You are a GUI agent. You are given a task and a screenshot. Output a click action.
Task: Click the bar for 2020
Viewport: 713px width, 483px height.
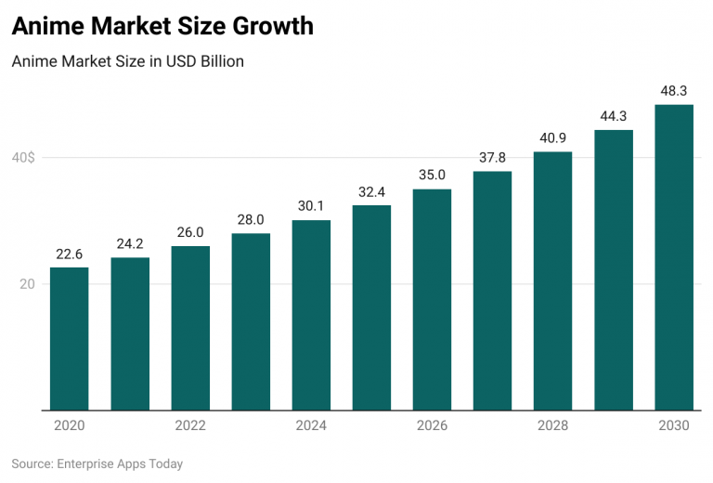70,339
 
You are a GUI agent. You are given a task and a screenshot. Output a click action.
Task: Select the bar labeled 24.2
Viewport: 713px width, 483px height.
130,333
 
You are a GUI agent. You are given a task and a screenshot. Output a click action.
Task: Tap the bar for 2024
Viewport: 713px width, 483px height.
311,315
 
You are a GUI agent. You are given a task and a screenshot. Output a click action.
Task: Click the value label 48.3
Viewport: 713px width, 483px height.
674,91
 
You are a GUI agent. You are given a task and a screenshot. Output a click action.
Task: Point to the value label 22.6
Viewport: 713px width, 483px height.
70,254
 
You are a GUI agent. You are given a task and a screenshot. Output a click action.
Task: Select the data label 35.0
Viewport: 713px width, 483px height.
433,175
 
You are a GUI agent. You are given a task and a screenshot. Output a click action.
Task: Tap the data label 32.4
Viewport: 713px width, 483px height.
371,191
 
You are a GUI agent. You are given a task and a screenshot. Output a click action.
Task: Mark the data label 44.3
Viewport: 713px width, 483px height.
614,116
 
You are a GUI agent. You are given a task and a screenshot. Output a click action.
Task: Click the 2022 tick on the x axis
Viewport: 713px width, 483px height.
190,426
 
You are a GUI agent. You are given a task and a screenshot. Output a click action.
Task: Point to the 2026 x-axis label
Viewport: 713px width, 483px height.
433,426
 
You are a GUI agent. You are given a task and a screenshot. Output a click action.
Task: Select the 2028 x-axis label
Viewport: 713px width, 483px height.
553,426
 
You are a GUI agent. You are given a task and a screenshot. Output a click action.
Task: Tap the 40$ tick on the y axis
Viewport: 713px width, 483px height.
23,158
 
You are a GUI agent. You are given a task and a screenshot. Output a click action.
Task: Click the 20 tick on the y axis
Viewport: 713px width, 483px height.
28,284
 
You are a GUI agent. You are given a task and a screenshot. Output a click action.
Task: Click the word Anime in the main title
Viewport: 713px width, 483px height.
45,27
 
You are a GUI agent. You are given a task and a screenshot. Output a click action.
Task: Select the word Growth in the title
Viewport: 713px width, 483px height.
270,27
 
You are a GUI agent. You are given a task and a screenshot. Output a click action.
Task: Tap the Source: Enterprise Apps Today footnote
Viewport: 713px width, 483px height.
97,463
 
